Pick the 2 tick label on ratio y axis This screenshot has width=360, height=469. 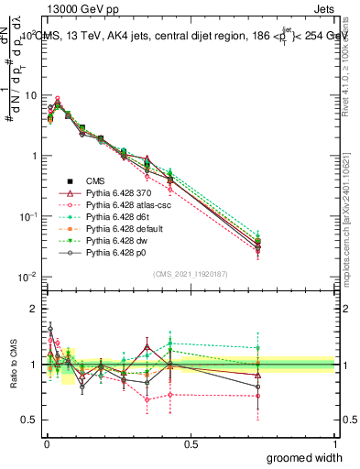coord(35,308)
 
